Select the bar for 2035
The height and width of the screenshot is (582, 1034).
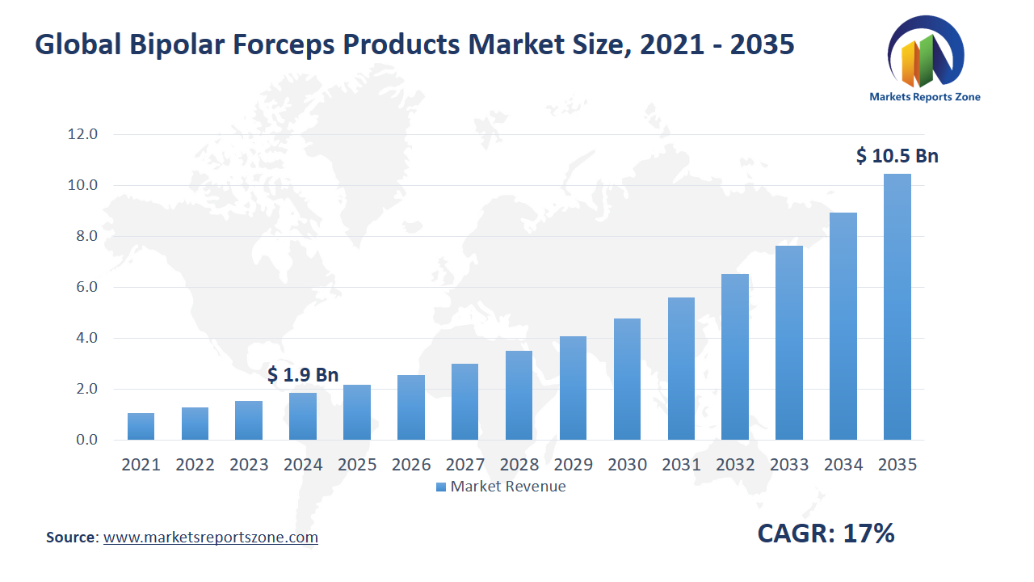[897, 307]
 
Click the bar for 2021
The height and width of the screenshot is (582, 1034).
[141, 427]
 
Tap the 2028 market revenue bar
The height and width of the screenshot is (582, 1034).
[519, 395]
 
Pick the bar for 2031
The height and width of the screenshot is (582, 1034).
[681, 369]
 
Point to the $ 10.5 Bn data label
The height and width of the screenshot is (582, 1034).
[897, 156]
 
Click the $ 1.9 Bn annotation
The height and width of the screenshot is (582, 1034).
[303, 375]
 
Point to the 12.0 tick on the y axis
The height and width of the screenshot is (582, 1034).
[82, 134]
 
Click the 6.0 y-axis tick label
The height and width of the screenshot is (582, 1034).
[82, 287]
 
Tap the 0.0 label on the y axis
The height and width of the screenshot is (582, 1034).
[82, 440]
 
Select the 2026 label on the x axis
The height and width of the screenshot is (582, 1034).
[411, 465]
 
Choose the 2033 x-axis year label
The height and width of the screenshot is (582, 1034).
[789, 465]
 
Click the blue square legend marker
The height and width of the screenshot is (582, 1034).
[440, 487]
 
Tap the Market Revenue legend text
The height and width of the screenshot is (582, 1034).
[507, 487]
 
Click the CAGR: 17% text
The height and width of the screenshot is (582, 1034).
[826, 533]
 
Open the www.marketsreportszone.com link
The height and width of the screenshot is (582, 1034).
[211, 538]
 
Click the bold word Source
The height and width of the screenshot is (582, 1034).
[71, 538]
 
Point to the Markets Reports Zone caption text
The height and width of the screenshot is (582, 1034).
[925, 97]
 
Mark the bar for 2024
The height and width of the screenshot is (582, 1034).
[303, 416]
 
